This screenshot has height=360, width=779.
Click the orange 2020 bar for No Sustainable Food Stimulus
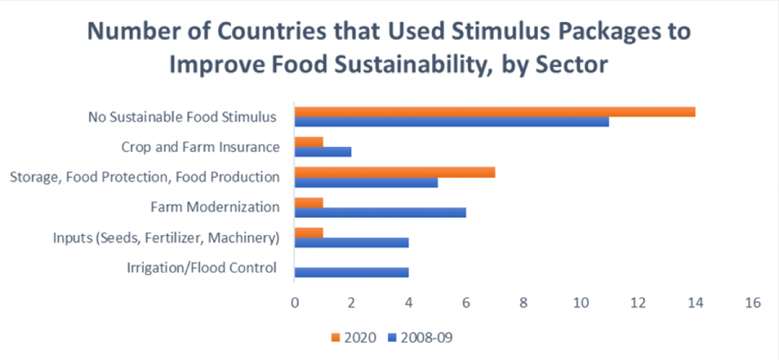tap(494, 112)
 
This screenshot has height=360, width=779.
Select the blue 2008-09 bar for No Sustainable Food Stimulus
tap(452, 122)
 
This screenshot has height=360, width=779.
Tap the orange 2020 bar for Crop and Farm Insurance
tap(309, 142)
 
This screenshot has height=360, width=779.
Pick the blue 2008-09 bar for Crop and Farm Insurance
tap(323, 151)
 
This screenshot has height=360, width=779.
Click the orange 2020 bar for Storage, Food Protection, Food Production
tap(395, 172)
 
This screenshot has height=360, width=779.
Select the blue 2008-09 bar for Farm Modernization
tap(380, 212)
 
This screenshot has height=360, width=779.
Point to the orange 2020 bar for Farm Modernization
tap(309, 202)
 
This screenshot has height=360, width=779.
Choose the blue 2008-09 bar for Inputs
tap(351, 243)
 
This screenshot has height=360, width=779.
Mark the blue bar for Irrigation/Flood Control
tap(351, 272)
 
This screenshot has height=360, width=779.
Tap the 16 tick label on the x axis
tap(752, 303)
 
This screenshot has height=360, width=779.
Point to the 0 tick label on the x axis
tap(294, 303)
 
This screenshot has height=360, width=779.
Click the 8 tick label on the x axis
tap(523, 303)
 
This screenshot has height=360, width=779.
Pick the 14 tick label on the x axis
tap(695, 303)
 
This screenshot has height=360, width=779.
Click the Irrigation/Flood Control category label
tap(200, 268)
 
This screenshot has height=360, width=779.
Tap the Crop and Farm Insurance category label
tap(201, 147)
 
